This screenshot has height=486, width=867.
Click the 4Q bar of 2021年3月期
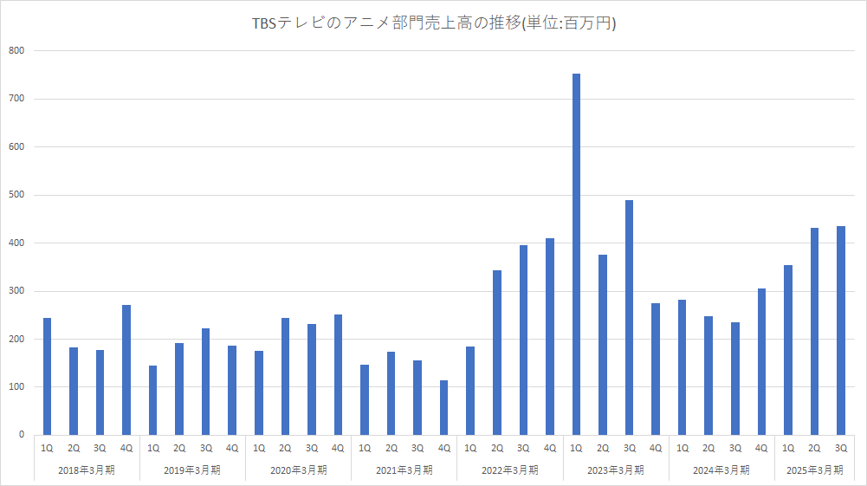coord(444,407)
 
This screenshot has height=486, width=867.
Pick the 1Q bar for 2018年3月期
coord(47,376)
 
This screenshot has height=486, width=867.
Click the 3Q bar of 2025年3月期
coord(840,330)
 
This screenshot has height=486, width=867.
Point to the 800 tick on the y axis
coord(17,51)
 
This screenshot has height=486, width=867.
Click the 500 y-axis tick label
coord(17,195)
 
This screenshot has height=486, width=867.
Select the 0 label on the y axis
coord(22,435)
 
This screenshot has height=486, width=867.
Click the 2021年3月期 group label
coord(404,470)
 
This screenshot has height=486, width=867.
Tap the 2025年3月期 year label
coord(814,470)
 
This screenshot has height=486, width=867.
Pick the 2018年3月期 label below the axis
coord(86,470)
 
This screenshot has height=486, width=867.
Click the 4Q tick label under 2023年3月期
coord(656,448)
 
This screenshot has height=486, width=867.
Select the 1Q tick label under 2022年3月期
coord(470,448)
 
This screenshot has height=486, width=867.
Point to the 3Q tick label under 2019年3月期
coord(205,448)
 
